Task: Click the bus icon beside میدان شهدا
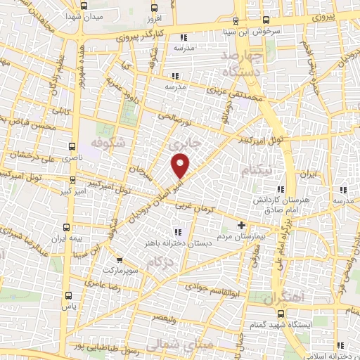pyautogui.click(x=84, y=6)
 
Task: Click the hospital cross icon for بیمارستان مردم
pyautogui.click(x=241, y=226)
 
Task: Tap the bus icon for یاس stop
pyautogui.click(x=68, y=296)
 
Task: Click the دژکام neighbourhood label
pyautogui.click(x=160, y=262)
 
